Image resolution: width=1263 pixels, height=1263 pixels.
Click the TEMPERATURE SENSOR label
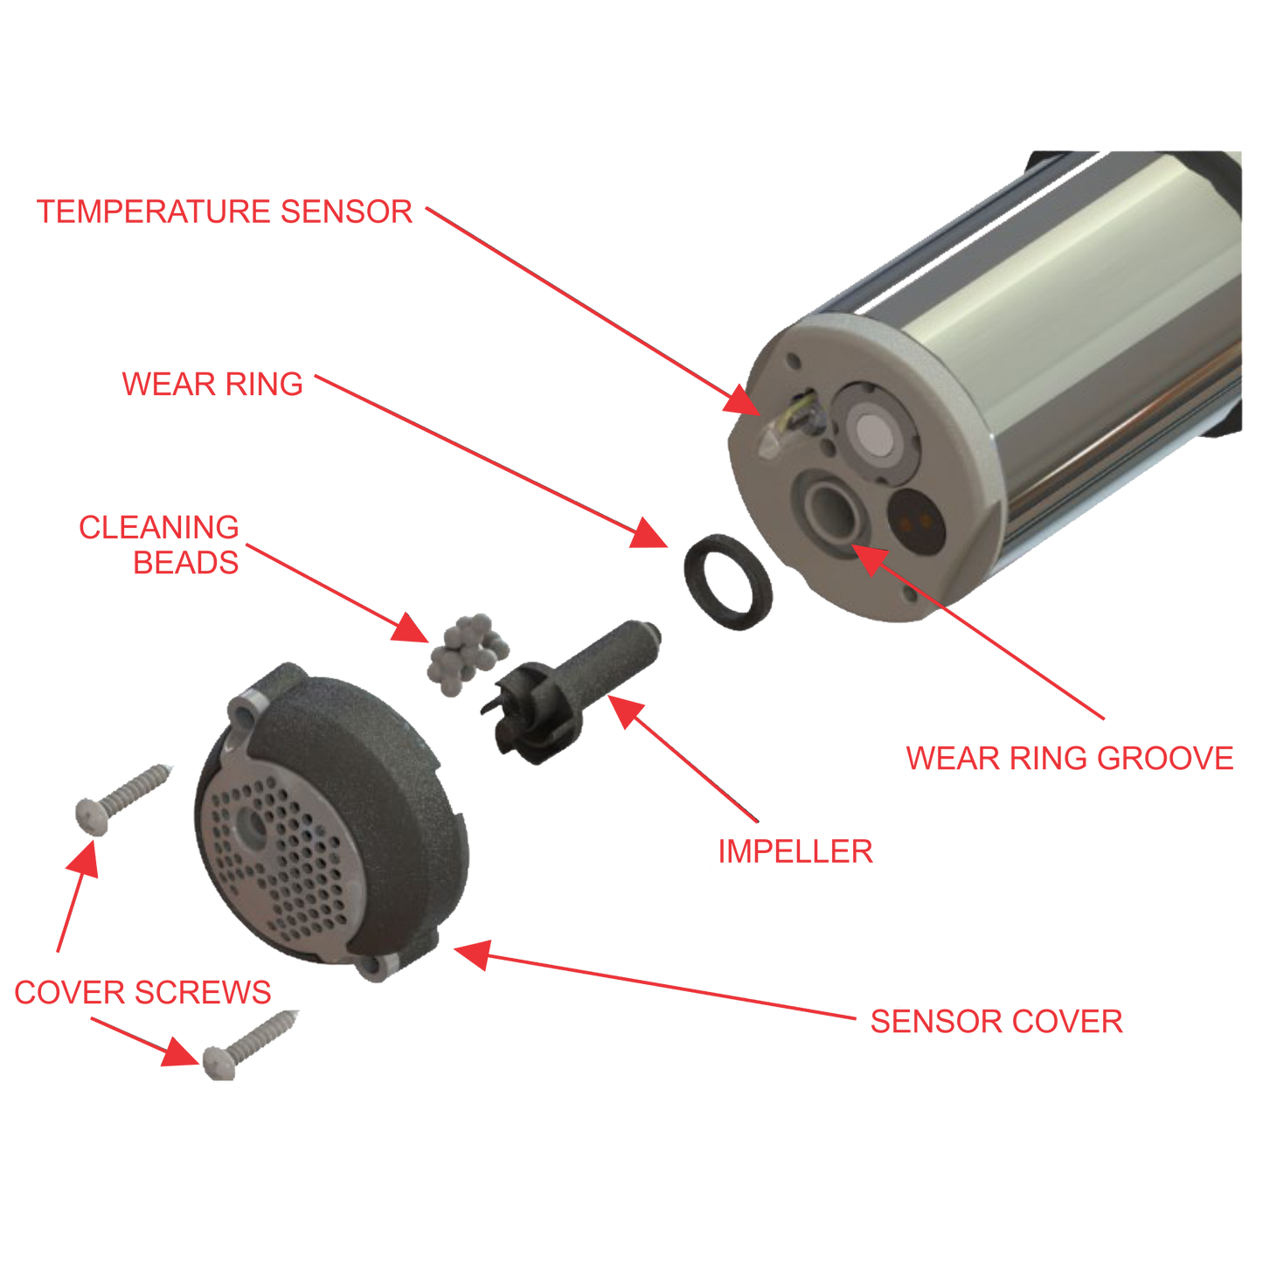click(225, 212)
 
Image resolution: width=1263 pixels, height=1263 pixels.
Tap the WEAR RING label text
click(212, 384)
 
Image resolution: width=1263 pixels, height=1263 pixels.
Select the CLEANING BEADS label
click(159, 545)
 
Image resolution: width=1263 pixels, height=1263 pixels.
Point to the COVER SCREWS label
click(142, 992)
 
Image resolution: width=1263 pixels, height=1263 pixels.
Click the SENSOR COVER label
click(996, 1022)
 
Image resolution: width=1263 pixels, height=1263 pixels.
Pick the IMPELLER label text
click(795, 852)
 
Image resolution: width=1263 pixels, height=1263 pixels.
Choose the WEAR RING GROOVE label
click(1070, 759)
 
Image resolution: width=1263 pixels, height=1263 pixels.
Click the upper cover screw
click(122, 799)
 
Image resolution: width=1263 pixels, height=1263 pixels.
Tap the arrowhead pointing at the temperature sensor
click(744, 400)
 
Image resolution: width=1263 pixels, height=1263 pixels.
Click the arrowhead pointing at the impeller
click(626, 711)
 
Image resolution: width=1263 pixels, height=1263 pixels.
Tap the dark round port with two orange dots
click(916, 521)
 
